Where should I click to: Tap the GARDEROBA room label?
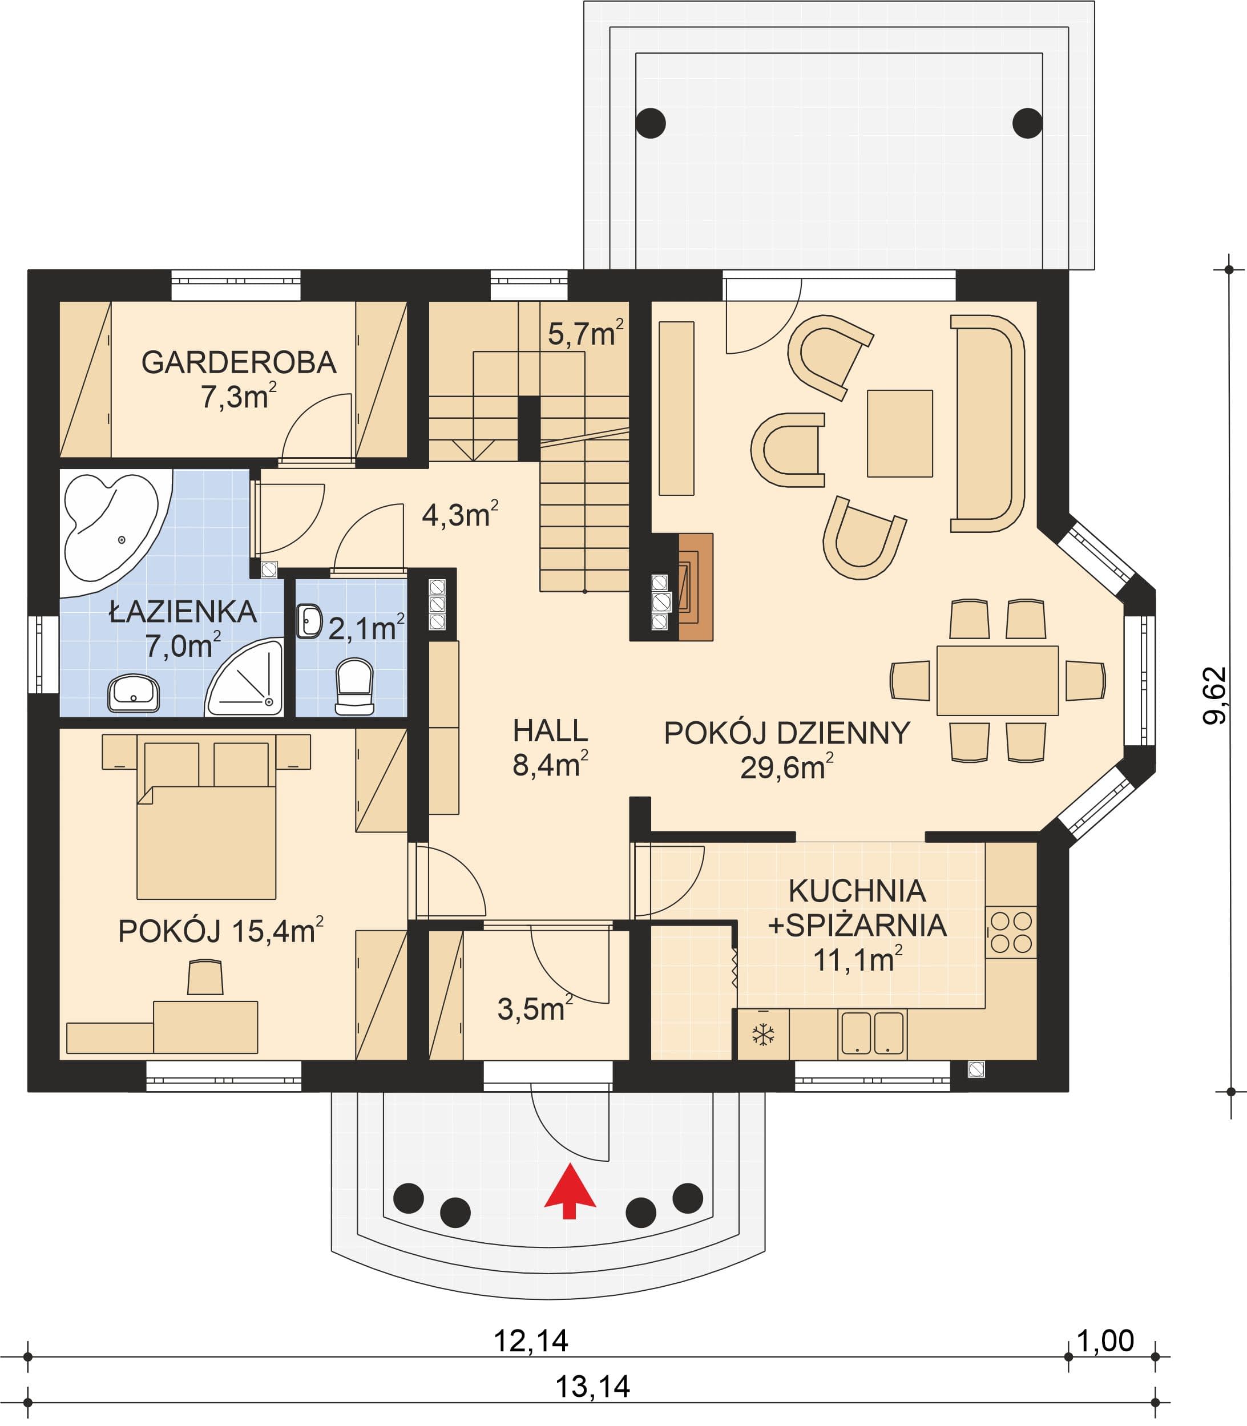pos(239,362)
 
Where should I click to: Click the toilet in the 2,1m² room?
pos(354,686)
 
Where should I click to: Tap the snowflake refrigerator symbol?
pos(764,1035)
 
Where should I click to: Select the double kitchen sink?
pos(873,1033)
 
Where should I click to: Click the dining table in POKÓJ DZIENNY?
pos(997,680)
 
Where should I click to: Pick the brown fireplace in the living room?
pos(695,587)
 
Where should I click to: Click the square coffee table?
pos(900,433)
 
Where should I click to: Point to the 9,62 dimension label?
pos(1214,696)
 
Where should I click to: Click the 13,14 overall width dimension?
pos(593,1387)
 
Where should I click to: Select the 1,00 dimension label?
pos(1105,1340)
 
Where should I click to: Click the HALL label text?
pos(550,730)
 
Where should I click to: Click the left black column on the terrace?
pos(651,123)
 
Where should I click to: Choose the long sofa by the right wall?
pos(987,423)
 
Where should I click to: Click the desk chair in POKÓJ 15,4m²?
pos(205,977)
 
